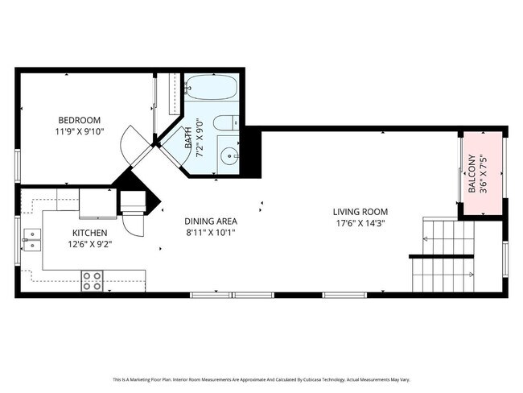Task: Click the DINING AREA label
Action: tap(211, 221)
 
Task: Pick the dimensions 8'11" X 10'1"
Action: tap(211, 232)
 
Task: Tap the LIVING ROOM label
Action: tap(358, 213)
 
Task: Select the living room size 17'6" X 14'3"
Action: tap(358, 224)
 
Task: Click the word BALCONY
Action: tap(472, 176)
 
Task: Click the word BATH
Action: tap(189, 139)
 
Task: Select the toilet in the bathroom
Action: tap(229, 123)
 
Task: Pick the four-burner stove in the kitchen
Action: tap(92, 281)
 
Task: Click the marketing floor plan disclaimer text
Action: tap(261, 379)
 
